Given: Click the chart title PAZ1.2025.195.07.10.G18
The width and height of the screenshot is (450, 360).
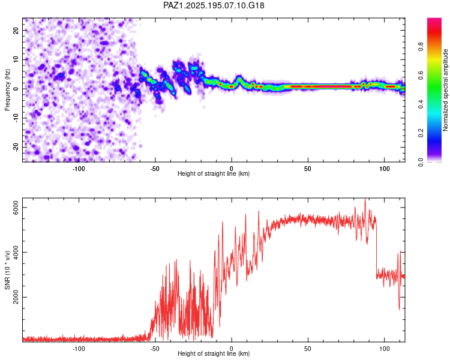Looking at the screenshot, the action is click(214, 5).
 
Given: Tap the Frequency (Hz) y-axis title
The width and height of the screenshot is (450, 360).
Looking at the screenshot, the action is click(7, 90).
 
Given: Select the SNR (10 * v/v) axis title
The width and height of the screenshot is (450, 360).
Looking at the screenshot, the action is click(7, 270).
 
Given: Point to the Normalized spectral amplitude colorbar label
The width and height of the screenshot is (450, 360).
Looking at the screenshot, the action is click(445, 90).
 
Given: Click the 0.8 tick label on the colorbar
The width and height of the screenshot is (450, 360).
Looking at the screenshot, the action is click(421, 46).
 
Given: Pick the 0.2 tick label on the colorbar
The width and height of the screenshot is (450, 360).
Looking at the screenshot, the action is click(421, 133).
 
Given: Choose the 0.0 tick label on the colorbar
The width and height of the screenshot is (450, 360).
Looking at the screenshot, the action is click(421, 162).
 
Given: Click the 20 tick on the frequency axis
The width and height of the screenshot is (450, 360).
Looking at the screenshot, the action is click(16, 30).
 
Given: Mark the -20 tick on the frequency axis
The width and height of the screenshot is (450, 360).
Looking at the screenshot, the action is click(16, 147).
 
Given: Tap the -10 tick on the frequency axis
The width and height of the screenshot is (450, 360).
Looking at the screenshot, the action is click(16, 118).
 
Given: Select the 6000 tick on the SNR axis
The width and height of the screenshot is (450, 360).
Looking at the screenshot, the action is click(16, 207).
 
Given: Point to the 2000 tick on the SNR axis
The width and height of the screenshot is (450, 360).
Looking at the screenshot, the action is click(16, 297).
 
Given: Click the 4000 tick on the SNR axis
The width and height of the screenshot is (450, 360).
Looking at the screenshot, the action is click(16, 252).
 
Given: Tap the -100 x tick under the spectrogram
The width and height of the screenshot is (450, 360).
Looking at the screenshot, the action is click(79, 169).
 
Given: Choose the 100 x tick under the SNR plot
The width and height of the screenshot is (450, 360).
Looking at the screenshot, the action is click(384, 349).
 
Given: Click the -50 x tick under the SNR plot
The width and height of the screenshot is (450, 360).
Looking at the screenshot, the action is click(155, 349).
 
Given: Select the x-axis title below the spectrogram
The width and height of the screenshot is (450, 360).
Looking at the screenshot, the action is click(214, 173).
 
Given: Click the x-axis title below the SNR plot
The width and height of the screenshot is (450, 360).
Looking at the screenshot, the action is click(214, 353).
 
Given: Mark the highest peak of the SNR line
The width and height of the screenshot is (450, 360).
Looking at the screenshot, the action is click(365, 199).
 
